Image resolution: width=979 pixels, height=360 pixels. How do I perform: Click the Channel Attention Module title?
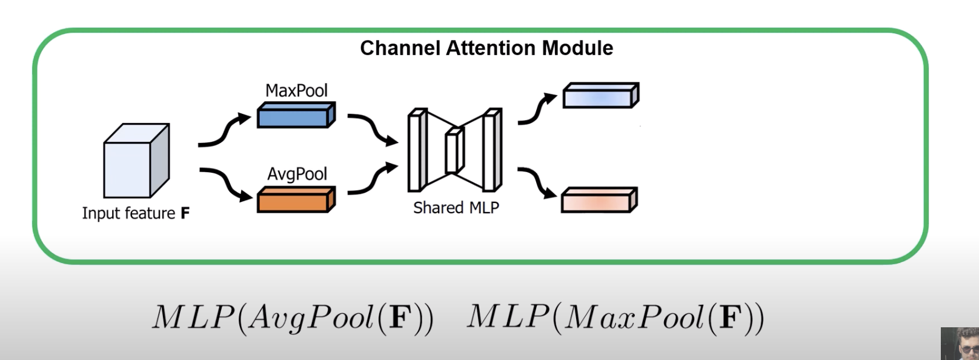[x=486, y=48]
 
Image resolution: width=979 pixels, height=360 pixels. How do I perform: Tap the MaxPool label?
[x=296, y=90]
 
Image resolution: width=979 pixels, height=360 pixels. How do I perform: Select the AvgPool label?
[x=297, y=174]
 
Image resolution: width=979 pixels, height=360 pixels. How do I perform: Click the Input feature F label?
[x=136, y=213]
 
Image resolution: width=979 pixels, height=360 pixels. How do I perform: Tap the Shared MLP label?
[x=456, y=208]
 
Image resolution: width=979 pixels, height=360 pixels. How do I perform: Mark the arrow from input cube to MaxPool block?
[x=224, y=131]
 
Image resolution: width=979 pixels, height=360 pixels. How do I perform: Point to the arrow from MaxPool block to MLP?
[x=373, y=129]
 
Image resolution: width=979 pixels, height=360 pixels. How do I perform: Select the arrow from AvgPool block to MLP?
[x=373, y=179]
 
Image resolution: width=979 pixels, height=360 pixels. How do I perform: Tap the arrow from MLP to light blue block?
[x=537, y=110]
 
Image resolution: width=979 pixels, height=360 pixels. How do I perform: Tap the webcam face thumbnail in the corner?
[x=960, y=344]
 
